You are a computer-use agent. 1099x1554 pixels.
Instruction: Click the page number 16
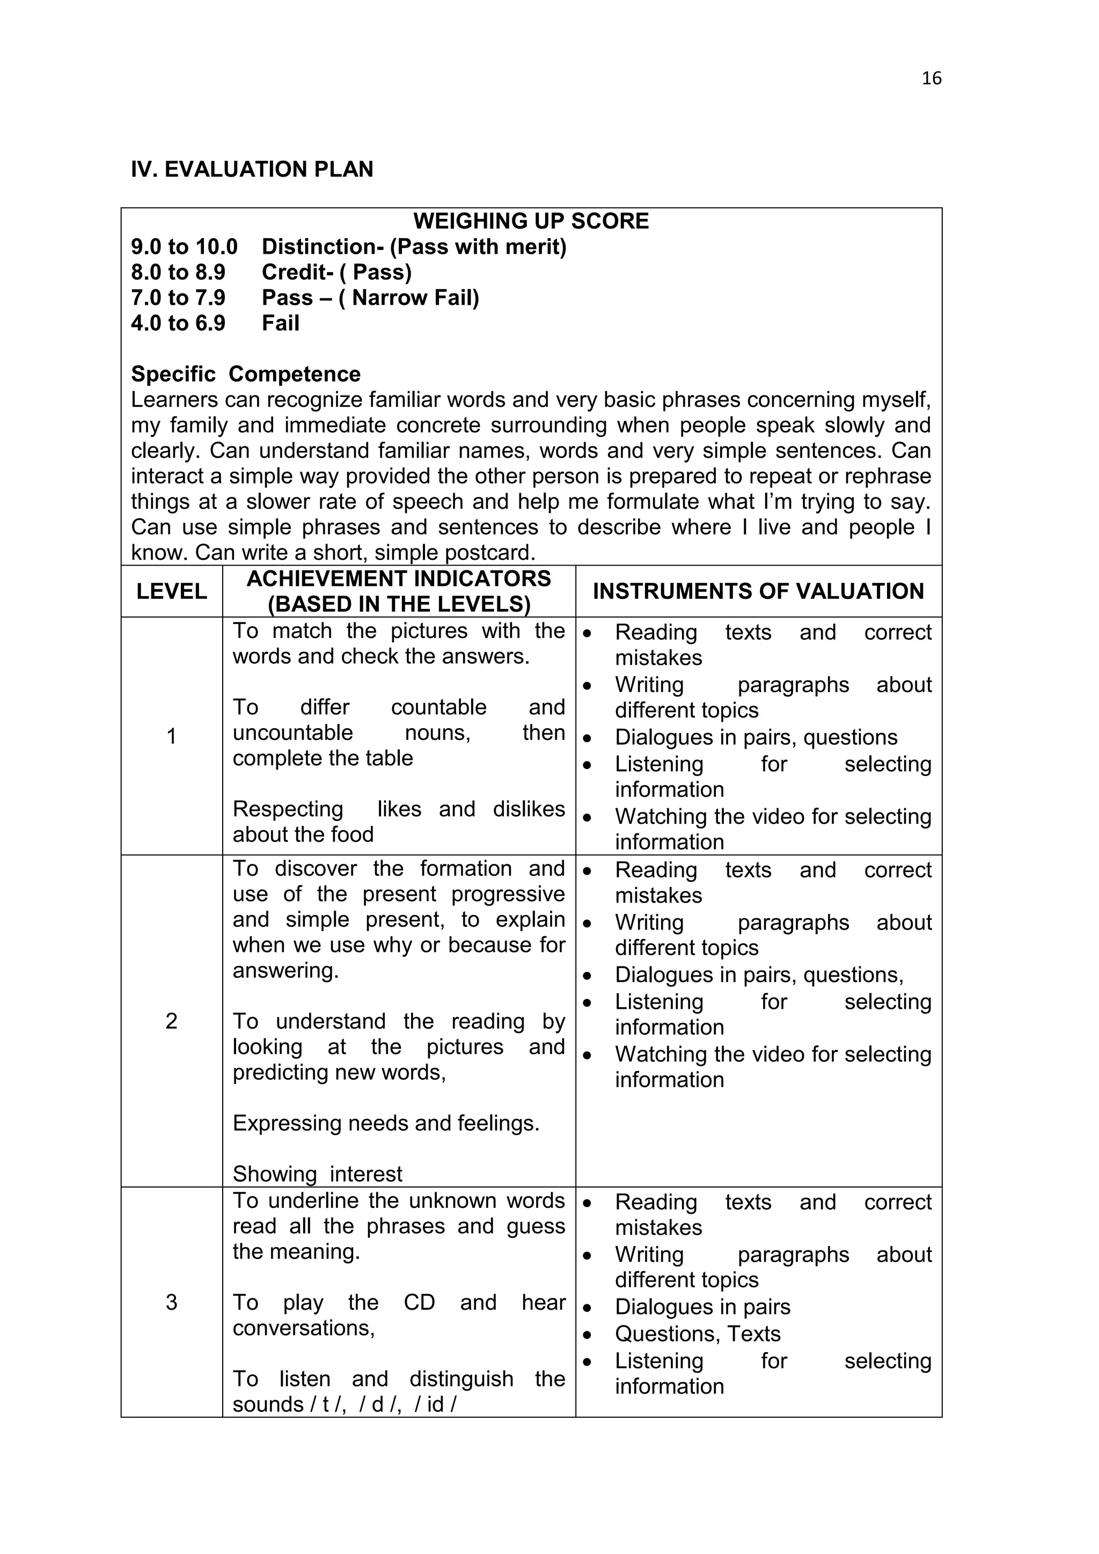[x=931, y=78]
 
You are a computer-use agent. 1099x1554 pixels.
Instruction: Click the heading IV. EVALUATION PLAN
[x=252, y=169]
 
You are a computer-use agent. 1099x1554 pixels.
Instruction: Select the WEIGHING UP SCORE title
[x=531, y=221]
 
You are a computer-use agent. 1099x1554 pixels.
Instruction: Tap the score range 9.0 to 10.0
[x=184, y=247]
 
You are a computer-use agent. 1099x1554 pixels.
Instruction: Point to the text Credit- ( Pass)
[x=336, y=272]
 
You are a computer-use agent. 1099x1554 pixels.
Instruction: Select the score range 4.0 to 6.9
[x=178, y=324]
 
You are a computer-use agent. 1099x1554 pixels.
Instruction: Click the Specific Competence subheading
[x=245, y=375]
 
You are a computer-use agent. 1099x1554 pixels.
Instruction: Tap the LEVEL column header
[x=171, y=591]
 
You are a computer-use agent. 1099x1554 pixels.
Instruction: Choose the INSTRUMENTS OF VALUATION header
[x=758, y=591]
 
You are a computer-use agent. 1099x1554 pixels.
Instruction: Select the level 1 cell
[x=171, y=736]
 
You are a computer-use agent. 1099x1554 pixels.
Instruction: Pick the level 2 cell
[x=171, y=1021]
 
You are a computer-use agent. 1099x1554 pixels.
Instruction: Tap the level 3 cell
[x=171, y=1302]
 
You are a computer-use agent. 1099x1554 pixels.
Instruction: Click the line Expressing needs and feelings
[x=386, y=1124]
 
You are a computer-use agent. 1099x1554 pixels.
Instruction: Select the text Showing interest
[x=317, y=1174]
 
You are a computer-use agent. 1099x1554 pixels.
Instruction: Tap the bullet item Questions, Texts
[x=697, y=1334]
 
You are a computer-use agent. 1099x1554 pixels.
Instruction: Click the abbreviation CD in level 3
[x=419, y=1303]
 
